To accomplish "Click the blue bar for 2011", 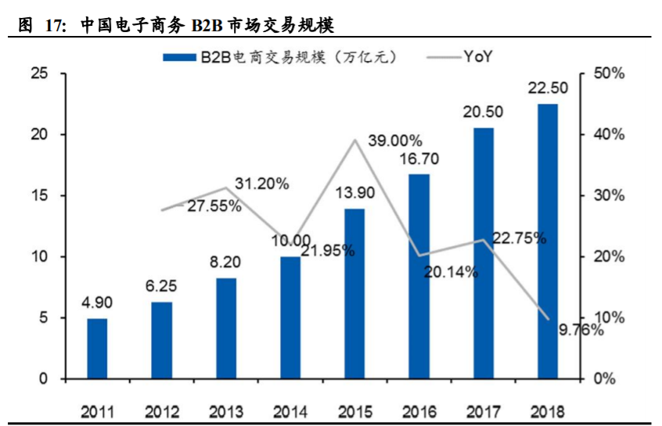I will (97, 349).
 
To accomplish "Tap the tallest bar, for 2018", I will (548, 242).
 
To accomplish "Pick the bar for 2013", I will (226, 328).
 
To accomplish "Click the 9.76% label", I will (581, 330).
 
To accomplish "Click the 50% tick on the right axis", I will (609, 73).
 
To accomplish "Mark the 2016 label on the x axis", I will (419, 410).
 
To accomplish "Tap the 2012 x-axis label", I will (162, 410).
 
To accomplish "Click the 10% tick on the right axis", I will (609, 318).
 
